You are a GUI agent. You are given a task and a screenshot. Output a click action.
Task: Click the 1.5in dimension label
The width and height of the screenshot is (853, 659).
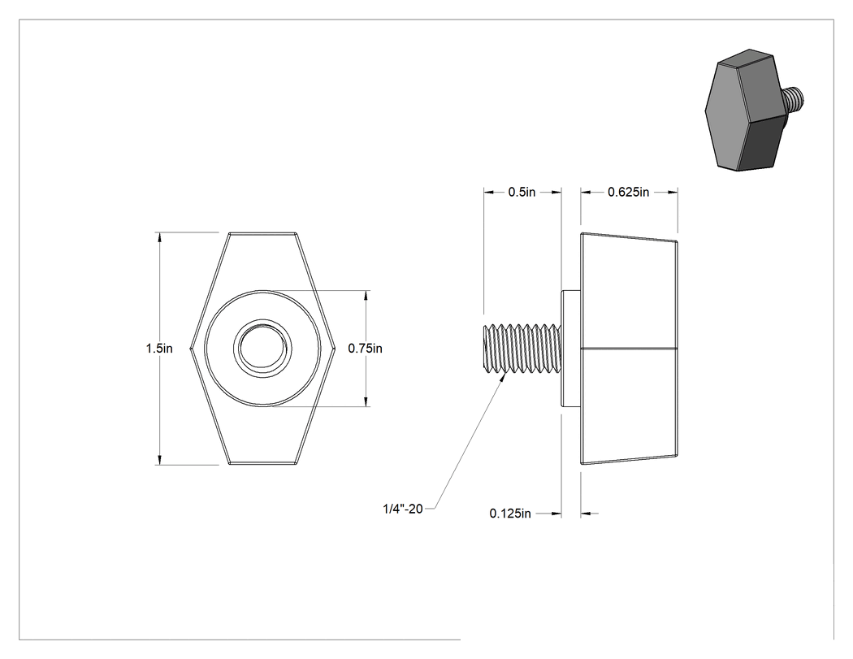(159, 349)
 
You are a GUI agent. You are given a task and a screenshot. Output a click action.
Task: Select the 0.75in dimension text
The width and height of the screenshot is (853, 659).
(365, 349)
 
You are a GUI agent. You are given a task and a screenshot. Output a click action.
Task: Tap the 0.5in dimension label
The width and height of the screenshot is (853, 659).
(522, 192)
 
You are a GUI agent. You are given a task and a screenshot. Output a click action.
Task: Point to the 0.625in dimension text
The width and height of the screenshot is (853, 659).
(628, 192)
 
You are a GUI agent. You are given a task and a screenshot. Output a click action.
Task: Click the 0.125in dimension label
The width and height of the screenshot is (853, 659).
(510, 514)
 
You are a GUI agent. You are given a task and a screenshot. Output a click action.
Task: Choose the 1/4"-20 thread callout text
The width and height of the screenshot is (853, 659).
(403, 509)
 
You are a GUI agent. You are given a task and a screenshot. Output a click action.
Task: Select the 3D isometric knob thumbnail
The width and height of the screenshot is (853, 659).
(755, 110)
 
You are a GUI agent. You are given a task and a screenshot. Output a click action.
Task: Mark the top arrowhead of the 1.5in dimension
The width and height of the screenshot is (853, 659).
(159, 237)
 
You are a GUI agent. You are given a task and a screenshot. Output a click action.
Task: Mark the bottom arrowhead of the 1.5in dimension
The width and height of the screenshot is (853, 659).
(159, 460)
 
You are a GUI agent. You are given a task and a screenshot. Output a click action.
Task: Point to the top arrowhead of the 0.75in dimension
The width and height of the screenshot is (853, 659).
(366, 296)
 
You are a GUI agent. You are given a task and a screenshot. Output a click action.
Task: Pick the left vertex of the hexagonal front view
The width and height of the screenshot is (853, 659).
(191, 349)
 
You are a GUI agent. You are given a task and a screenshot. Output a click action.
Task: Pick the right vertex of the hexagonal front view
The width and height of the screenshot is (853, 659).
(333, 349)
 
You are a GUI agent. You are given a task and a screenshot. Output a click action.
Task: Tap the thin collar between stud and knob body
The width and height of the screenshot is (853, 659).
(570, 349)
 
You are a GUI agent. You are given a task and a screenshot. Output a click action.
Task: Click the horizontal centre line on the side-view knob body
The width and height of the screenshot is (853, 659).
(629, 348)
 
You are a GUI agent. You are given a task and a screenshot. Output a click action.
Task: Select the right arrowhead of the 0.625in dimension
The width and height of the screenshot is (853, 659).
(673, 192)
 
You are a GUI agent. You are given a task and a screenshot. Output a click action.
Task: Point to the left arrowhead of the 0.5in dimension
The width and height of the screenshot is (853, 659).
(489, 192)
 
